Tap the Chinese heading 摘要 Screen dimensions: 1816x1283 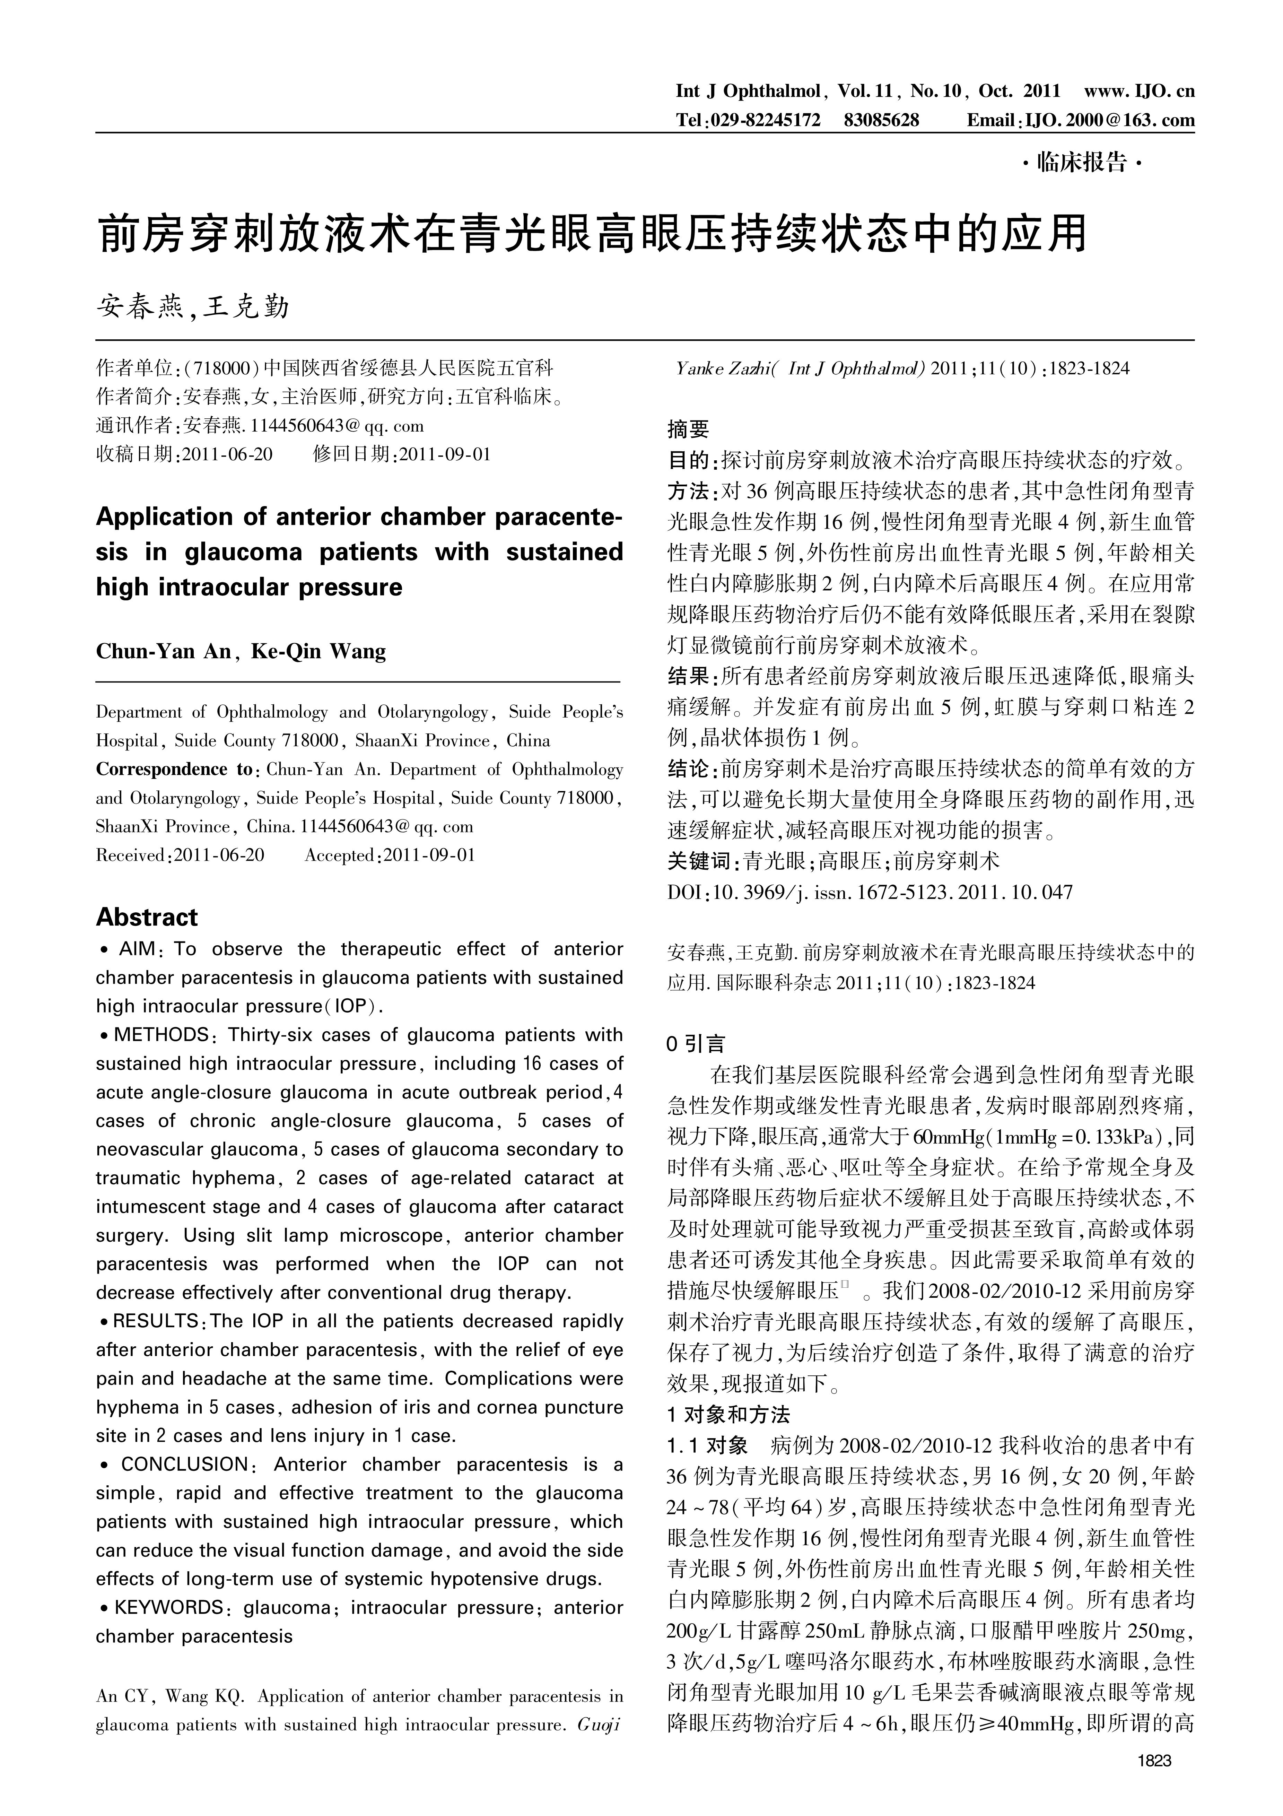pos(688,429)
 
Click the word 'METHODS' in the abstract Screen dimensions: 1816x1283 pos(160,1035)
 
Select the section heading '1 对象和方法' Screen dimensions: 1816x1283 pos(728,1415)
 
